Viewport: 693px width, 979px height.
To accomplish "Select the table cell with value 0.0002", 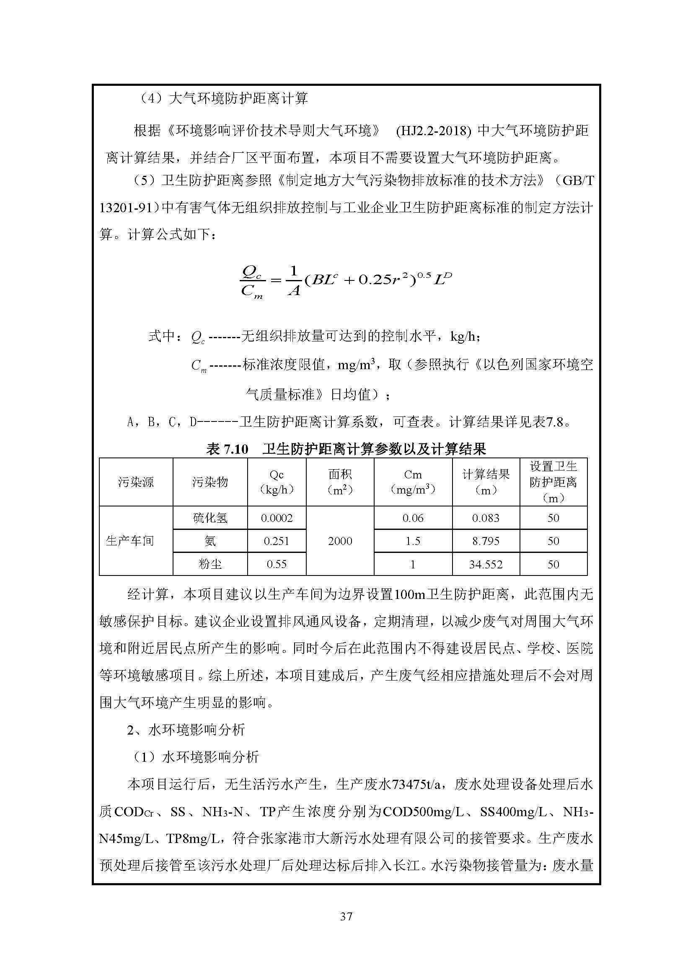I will tap(277, 518).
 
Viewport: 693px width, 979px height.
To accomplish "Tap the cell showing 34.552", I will tap(486, 565).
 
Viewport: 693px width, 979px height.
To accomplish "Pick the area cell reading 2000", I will tap(340, 541).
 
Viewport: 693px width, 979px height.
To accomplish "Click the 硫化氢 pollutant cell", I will tap(210, 518).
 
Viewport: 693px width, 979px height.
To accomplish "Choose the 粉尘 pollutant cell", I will tap(210, 565).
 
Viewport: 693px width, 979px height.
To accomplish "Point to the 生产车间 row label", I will tap(130, 541).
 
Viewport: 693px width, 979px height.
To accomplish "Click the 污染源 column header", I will tap(136, 482).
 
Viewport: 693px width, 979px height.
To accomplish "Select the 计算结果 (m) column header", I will tap(486, 482).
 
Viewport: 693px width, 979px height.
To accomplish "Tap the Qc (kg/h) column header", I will tap(277, 482).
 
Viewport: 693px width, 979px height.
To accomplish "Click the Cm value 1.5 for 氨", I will tap(413, 541).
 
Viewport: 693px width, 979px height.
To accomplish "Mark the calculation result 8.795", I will tap(486, 541).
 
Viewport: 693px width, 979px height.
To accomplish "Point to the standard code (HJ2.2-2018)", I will tap(433, 131).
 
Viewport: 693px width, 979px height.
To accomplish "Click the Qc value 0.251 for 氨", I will tap(277, 541).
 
